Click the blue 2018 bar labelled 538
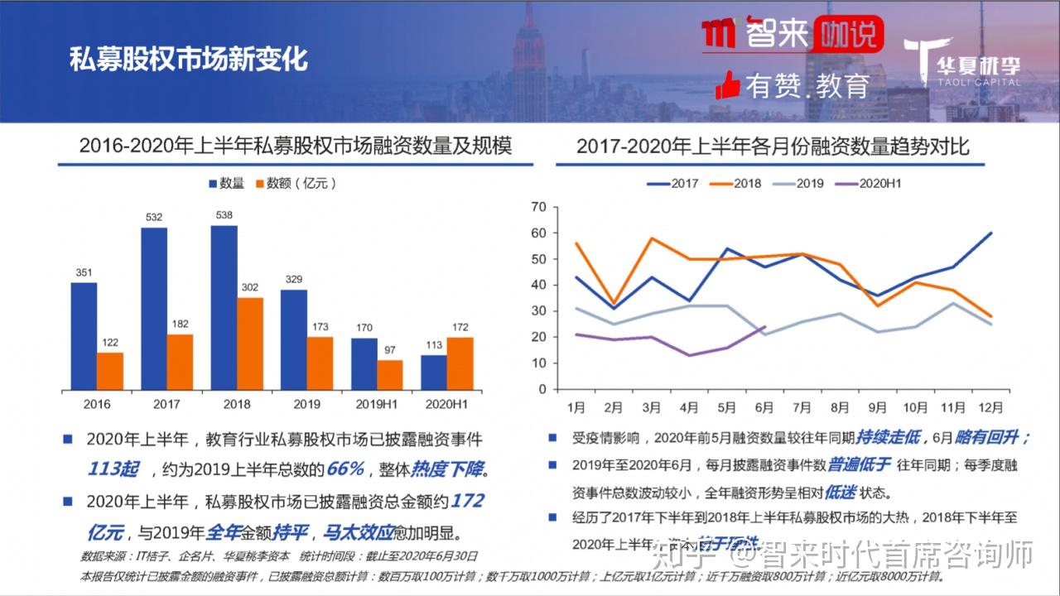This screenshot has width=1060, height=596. click(224, 307)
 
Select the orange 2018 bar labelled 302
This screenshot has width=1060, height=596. click(250, 344)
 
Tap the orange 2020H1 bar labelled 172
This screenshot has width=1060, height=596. click(460, 363)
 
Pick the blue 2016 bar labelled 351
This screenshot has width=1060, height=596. click(84, 336)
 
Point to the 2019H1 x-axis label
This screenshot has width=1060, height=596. click(377, 404)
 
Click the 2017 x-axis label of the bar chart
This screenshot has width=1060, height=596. click(166, 404)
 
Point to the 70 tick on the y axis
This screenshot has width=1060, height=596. click(538, 207)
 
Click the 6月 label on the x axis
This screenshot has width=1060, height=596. click(764, 407)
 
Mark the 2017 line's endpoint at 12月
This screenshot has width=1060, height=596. click(990, 233)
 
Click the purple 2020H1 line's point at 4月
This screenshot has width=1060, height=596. click(689, 355)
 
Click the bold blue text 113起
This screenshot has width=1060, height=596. click(113, 469)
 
